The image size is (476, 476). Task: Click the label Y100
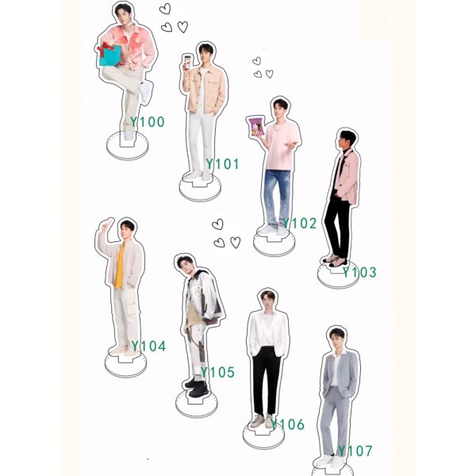(x=148, y=122)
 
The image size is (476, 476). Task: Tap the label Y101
(x=222, y=164)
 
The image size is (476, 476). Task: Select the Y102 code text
(x=299, y=223)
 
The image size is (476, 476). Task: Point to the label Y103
(x=359, y=272)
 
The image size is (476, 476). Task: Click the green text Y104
(x=148, y=346)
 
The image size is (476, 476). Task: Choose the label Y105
(x=217, y=372)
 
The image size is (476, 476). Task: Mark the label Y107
(x=355, y=451)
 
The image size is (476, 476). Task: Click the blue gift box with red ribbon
(x=110, y=56)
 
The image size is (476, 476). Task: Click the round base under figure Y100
(x=127, y=148)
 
